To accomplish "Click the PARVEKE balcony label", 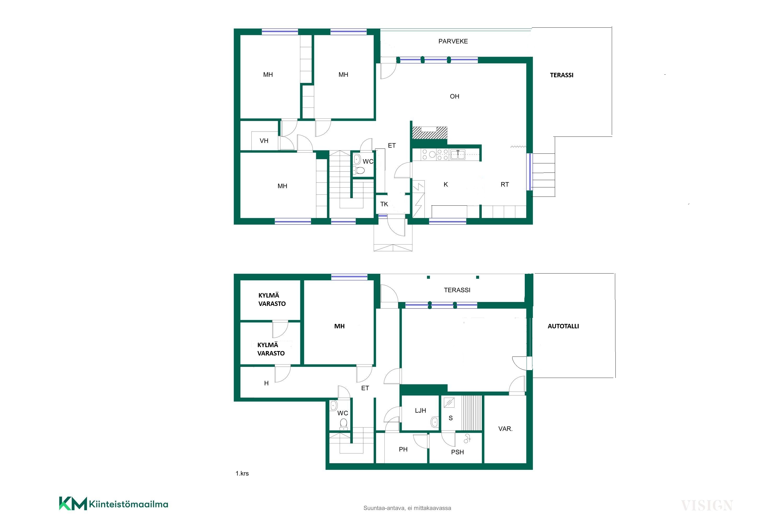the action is (453, 41).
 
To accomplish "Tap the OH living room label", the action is (454, 96).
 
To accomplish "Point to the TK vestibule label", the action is (384, 204).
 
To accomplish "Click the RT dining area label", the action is (505, 185).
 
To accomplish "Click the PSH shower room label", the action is (457, 452).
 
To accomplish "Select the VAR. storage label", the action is (505, 429).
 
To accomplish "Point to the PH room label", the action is (403, 449).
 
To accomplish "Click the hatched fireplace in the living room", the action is (430, 133).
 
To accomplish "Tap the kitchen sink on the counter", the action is (458, 155).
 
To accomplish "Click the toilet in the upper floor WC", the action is (359, 170).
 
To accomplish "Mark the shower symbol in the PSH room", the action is (467, 440).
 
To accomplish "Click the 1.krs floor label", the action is (242, 473).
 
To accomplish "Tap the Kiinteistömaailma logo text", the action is (129, 504).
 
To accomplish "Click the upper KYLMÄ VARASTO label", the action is (272, 299).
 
